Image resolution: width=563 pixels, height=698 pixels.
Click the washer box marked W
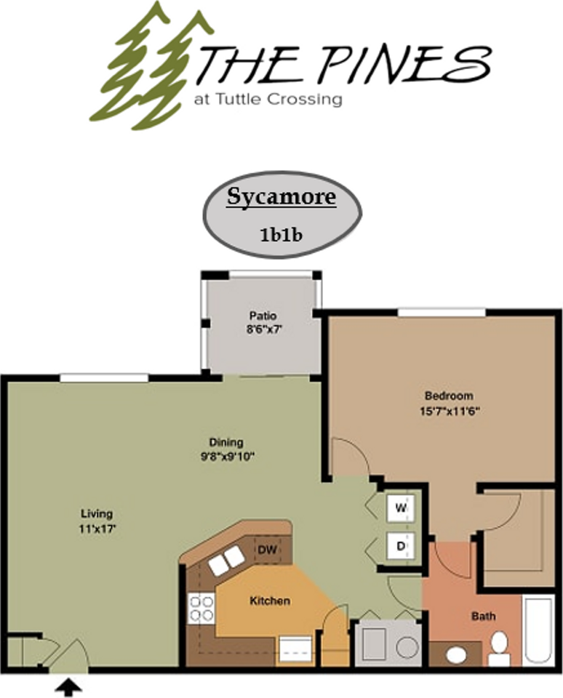pyautogui.click(x=401, y=508)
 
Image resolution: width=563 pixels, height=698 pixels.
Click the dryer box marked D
pyautogui.click(x=401, y=546)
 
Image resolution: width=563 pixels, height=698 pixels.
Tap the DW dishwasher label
pyautogui.click(x=267, y=550)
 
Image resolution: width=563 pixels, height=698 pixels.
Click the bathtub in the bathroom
pyautogui.click(x=538, y=630)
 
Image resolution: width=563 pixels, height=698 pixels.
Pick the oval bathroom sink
pyautogui.click(x=456, y=655)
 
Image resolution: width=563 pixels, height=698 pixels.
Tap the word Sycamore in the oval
pyautogui.click(x=281, y=197)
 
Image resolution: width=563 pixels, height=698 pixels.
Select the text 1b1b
pyautogui.click(x=281, y=235)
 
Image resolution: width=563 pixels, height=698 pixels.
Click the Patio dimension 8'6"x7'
pyautogui.click(x=265, y=329)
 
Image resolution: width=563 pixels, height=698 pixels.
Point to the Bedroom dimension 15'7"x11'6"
pyautogui.click(x=449, y=411)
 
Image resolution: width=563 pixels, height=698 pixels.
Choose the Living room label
pyautogui.click(x=97, y=514)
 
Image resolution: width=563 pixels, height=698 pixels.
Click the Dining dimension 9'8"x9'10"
pyautogui.click(x=227, y=457)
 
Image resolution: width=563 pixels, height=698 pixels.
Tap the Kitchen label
pyautogui.click(x=270, y=601)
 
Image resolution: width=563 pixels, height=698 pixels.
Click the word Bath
pyautogui.click(x=483, y=616)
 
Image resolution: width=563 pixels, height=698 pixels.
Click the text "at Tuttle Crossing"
pyautogui.click(x=268, y=100)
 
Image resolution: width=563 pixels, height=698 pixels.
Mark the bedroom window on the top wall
pyautogui.click(x=442, y=312)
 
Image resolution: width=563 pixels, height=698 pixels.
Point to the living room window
pyautogui.click(x=104, y=378)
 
